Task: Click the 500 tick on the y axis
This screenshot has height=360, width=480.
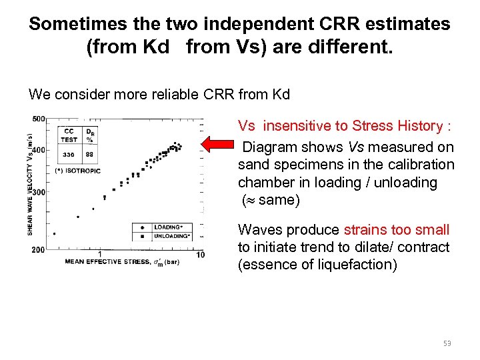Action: [39, 119]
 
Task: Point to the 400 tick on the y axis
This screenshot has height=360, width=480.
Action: [39, 150]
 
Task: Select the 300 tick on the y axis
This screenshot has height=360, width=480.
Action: [39, 192]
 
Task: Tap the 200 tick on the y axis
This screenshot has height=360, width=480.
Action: [39, 249]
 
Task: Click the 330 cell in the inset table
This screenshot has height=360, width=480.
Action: [69, 155]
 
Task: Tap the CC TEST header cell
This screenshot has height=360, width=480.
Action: [69, 135]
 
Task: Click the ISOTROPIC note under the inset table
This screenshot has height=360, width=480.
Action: [79, 171]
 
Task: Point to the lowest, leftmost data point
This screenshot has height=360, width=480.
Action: [54, 234]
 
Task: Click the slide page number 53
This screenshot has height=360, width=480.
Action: [447, 343]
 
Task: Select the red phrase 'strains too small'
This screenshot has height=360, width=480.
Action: [397, 230]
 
